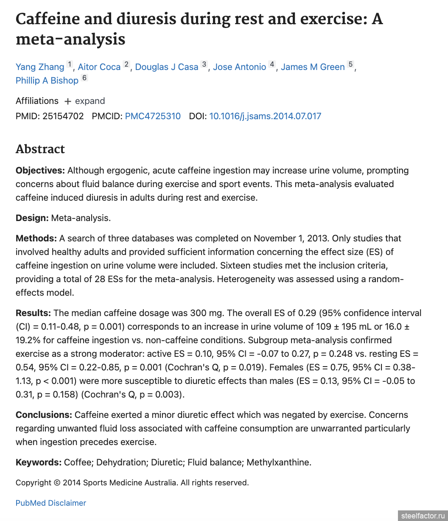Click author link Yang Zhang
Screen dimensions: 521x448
click(40, 67)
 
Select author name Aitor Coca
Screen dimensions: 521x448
click(99, 67)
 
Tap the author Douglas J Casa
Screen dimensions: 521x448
click(167, 67)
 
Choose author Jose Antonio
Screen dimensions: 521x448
click(239, 67)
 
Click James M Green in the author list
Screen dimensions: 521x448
click(313, 67)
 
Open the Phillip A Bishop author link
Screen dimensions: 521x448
click(47, 81)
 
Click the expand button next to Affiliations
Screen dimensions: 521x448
click(84, 101)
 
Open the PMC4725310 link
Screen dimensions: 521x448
click(153, 116)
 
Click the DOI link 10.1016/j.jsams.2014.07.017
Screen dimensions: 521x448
click(265, 116)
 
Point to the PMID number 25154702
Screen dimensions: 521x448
click(63, 116)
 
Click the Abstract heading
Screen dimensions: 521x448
click(40, 149)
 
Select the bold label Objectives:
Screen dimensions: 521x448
click(40, 171)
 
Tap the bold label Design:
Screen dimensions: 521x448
click(32, 218)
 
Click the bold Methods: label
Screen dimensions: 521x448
click(36, 238)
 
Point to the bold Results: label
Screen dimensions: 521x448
click(33, 313)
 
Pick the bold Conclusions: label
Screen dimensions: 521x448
click(44, 415)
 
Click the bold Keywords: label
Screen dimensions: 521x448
click(39, 462)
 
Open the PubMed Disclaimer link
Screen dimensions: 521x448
click(51, 503)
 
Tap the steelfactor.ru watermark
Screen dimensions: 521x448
click(424, 515)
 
